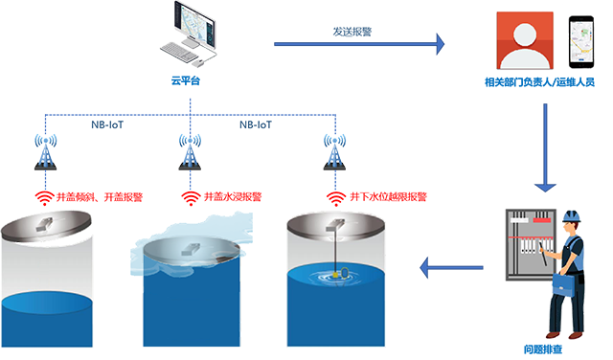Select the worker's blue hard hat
click(x=572, y=215)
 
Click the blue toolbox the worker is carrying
click(x=566, y=283)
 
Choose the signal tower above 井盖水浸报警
click(x=190, y=152)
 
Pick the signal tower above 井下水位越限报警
click(x=334, y=152)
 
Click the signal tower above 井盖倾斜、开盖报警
click(x=44, y=152)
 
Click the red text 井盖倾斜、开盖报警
click(x=99, y=198)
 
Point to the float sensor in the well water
click(x=337, y=275)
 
